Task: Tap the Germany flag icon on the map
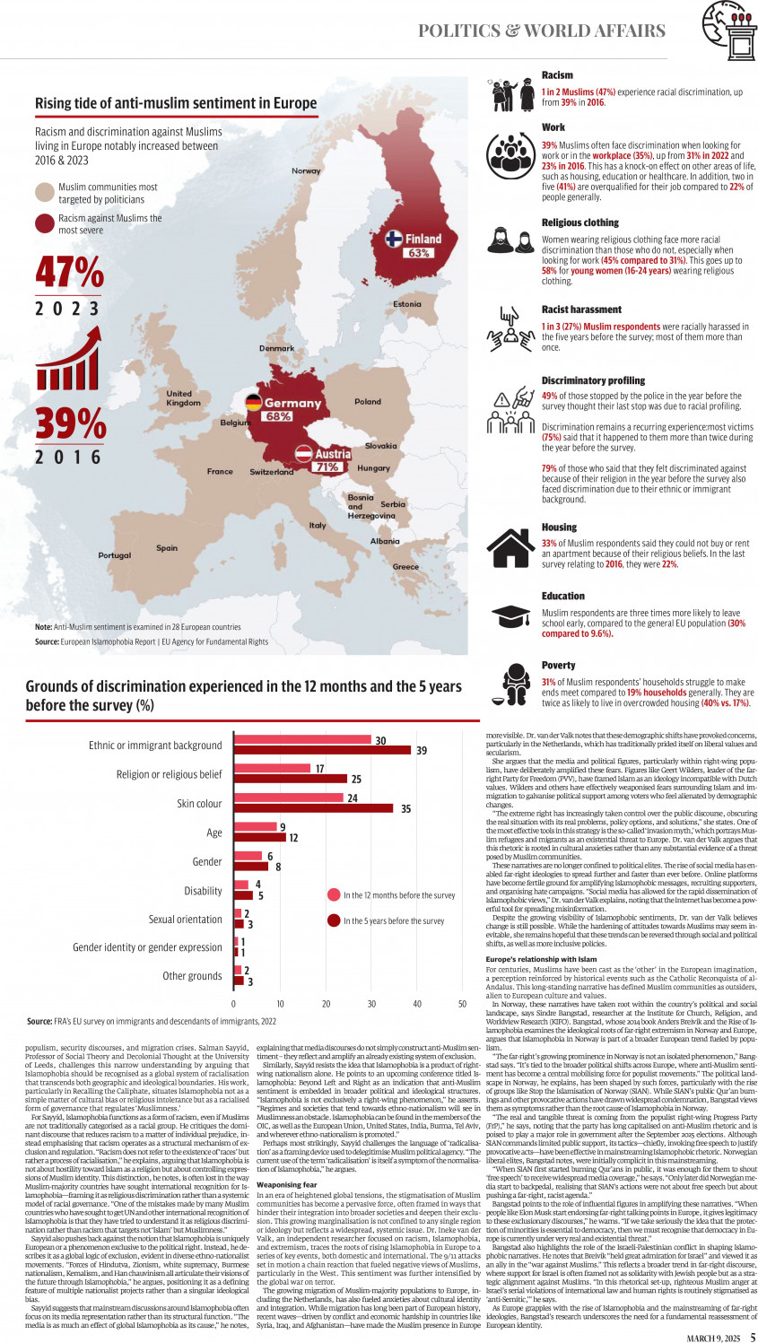pos(254,402)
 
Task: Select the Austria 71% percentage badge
pos(327,467)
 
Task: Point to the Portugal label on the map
pos(114,555)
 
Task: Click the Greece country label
pos(405,567)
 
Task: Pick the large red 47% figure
pos(69,273)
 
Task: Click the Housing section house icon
pos(510,548)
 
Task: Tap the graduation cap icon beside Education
pos(510,615)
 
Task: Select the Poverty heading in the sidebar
pos(558,666)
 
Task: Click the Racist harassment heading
pos(581,310)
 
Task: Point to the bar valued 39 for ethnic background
pos(323,750)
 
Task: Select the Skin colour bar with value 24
pos(289,798)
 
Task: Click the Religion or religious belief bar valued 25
pos(291,779)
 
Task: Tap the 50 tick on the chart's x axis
pos(462,1004)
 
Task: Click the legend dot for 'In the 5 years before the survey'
pos(334,920)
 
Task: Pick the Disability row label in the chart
pos(203,891)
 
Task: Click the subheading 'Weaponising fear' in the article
pos(286,1184)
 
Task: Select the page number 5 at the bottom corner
pos(753,1338)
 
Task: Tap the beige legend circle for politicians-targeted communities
pos(45,192)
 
